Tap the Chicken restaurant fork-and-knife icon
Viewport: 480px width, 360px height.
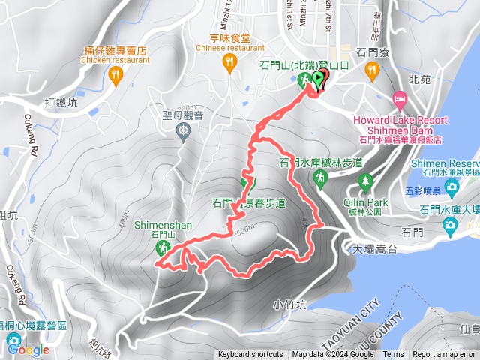(x=115, y=73)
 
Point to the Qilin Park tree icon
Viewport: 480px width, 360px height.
(x=365, y=181)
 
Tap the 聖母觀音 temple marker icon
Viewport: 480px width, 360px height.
(x=184, y=131)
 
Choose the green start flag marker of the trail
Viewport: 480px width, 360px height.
(x=318, y=77)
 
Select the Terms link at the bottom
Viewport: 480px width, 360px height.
(x=393, y=355)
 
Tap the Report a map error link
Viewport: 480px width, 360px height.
(x=444, y=355)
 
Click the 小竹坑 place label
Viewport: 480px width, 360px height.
(x=289, y=304)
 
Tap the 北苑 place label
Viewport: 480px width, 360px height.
(x=440, y=77)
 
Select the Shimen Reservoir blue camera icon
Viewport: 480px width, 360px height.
(x=452, y=186)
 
